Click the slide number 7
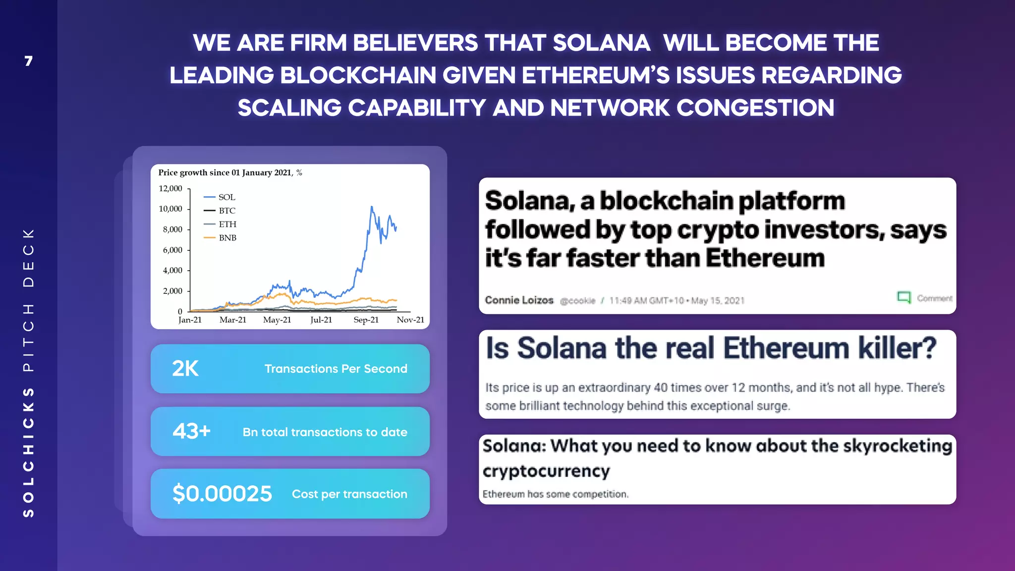pos(29,61)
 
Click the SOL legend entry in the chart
pos(226,197)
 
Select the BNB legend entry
pos(227,238)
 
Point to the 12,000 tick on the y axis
pos(170,188)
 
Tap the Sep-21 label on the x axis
pos(366,320)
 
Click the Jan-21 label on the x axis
pos(190,320)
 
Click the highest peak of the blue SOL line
pos(371,207)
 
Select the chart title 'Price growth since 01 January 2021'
pos(226,172)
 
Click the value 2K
pos(185,368)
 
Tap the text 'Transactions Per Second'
pos(336,369)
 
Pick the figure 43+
pos(191,431)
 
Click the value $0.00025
pos(222,494)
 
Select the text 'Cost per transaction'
pos(349,494)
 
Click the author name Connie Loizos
pos(519,300)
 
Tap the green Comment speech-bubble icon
pos(903,297)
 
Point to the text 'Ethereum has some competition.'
pos(555,494)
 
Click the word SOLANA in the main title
pos(601,43)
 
